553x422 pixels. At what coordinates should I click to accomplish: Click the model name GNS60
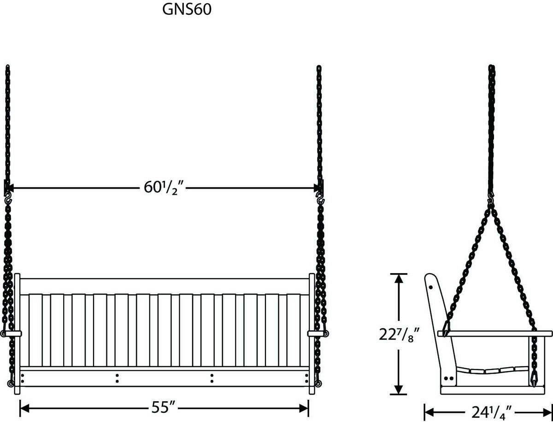[x=187, y=11]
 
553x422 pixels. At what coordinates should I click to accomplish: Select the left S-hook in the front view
[x=8, y=199]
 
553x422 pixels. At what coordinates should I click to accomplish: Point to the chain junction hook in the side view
[x=491, y=201]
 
